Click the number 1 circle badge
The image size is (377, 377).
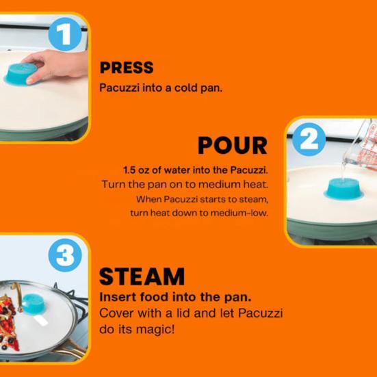click(64, 34)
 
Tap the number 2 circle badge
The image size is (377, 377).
click(309, 140)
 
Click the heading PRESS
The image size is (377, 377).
click(127, 68)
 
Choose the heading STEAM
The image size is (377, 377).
click(142, 276)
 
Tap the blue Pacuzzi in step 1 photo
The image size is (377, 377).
click(23, 74)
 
